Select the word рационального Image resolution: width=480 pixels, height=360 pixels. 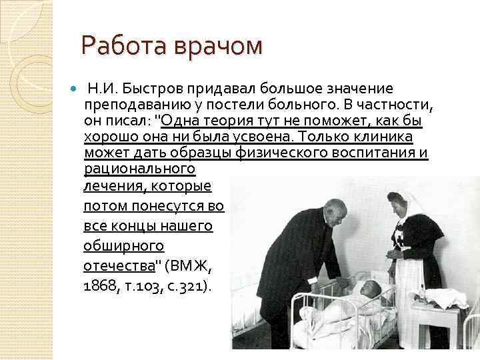click(139, 169)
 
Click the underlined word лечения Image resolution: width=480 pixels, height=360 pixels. click(111, 186)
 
